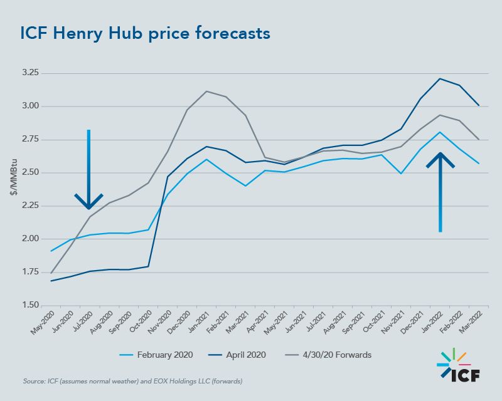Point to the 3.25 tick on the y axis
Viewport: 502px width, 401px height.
pos(30,73)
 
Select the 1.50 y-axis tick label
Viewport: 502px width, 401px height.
pos(30,305)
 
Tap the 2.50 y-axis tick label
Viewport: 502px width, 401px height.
pos(30,172)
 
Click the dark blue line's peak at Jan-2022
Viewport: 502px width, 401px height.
pos(441,78)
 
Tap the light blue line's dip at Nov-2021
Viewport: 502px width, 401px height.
pos(402,173)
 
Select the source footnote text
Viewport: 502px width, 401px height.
pos(133,381)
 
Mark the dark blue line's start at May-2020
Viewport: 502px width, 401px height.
pos(51,281)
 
